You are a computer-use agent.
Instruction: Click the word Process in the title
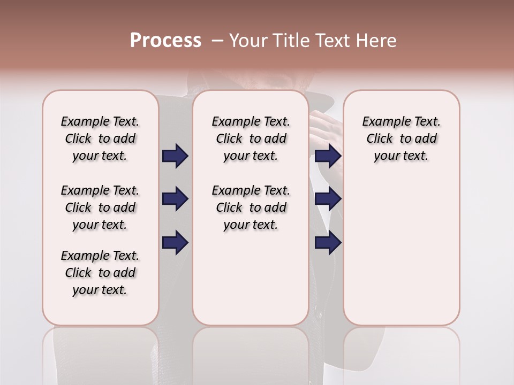pyautogui.click(x=165, y=41)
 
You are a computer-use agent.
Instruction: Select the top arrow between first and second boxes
pyautogui.click(x=175, y=156)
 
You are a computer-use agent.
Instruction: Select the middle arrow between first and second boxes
pyautogui.click(x=175, y=199)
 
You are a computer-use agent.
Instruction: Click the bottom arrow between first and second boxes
pyautogui.click(x=175, y=243)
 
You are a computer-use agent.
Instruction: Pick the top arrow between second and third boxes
pyautogui.click(x=328, y=156)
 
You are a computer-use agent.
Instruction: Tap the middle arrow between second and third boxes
pyautogui.click(x=328, y=199)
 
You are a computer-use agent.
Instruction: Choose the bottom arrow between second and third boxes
pyautogui.click(x=328, y=243)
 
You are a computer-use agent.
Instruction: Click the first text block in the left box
pyautogui.click(x=100, y=138)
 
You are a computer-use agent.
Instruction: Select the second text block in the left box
pyautogui.click(x=100, y=207)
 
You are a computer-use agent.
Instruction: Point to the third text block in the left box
pyautogui.click(x=100, y=273)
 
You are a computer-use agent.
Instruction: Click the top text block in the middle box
pyautogui.click(x=251, y=138)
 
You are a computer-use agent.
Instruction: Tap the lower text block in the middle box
pyautogui.click(x=251, y=207)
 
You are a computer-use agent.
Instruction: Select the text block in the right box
pyautogui.click(x=401, y=138)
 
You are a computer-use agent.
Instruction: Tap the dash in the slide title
pyautogui.click(x=217, y=41)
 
